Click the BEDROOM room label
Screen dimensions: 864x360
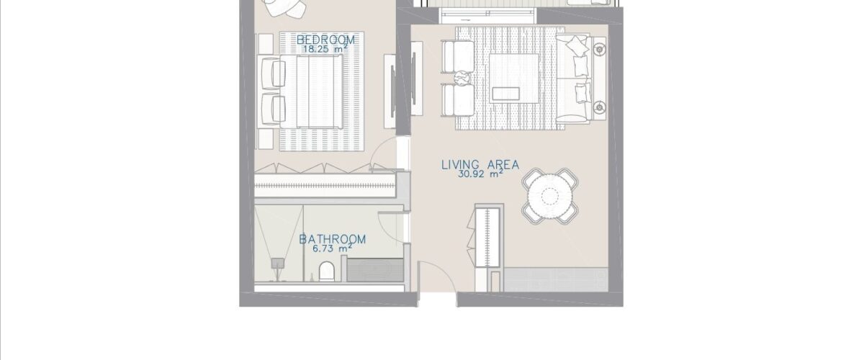tap(325, 40)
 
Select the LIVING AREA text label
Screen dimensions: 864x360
tap(480, 165)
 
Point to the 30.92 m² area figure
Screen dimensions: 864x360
tap(480, 174)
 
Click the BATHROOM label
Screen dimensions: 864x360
tap(333, 239)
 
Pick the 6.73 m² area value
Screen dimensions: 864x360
tap(332, 248)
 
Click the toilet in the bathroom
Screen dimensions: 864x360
tap(326, 271)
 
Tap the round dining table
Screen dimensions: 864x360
tap(549, 195)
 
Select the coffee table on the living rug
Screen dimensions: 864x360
tap(514, 78)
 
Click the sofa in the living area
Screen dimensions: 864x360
tap(573, 79)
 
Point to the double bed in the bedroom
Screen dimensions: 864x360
tap(311, 91)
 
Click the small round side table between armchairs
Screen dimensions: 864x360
tap(462, 78)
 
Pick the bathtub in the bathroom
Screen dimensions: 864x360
tap(375, 270)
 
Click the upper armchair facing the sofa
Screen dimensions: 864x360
tap(458, 56)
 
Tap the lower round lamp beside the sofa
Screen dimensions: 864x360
tap(599, 107)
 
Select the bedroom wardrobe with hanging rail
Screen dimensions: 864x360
tap(325, 186)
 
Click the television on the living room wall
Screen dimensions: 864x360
tap(413, 78)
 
